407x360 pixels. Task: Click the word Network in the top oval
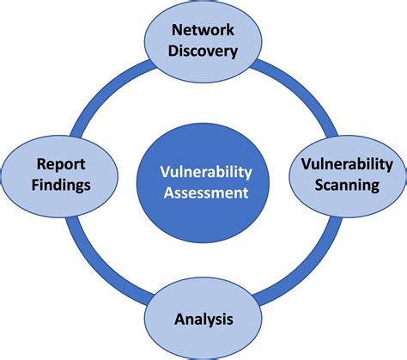(203, 31)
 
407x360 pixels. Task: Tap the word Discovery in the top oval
(203, 51)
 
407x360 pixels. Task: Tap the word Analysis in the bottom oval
(203, 320)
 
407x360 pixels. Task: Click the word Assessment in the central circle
(203, 192)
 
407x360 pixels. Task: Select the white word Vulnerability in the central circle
(203, 171)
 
